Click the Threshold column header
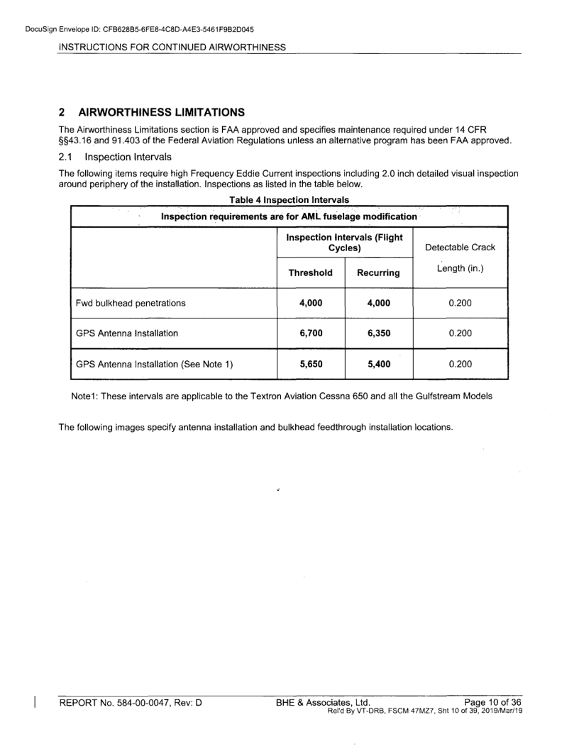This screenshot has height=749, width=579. tap(310, 272)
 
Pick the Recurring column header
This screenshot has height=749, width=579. tap(379, 272)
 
